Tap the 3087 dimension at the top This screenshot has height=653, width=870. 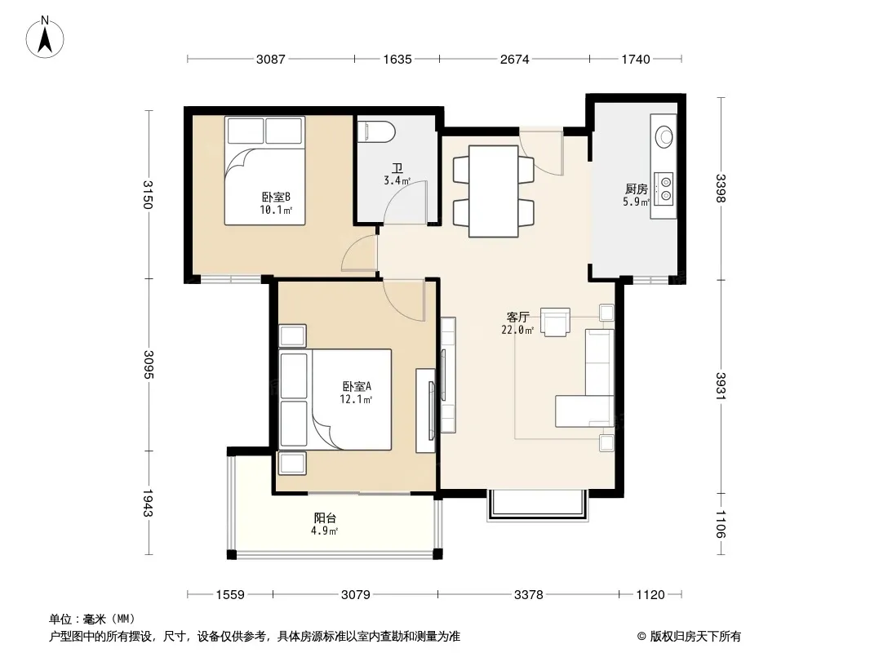(271, 59)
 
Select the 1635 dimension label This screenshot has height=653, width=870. (397, 59)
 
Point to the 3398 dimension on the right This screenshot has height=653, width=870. (720, 189)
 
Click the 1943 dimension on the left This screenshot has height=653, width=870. (148, 503)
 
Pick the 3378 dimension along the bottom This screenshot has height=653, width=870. (528, 595)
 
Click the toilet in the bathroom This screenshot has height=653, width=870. (376, 132)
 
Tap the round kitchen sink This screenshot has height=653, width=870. (664, 136)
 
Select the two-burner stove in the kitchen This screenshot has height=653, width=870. (664, 188)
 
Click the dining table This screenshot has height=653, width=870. (493, 191)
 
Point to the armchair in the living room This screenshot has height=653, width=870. (556, 322)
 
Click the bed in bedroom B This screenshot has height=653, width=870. (264, 171)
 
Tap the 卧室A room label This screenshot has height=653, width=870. (356, 386)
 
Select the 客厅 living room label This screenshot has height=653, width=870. (517, 318)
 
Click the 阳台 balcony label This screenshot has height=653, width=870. (325, 518)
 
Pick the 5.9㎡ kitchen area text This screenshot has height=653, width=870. (636, 202)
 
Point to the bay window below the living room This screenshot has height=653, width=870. (536, 505)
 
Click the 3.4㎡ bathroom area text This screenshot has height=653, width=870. (397, 181)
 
